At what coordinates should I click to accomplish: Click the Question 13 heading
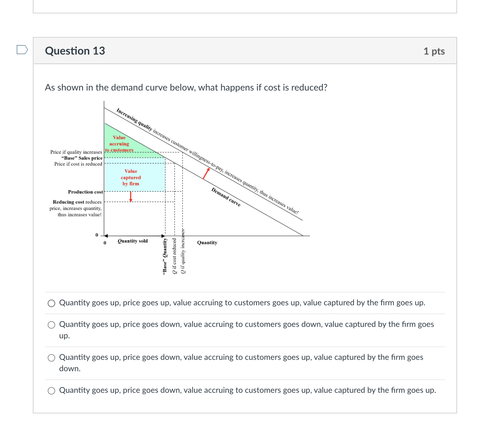[x=75, y=51]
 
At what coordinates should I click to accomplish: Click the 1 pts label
[x=434, y=51]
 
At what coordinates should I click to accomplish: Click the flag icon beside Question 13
[x=22, y=50]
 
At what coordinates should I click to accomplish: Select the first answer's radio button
[x=52, y=303]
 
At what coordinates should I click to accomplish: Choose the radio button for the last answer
[x=52, y=391]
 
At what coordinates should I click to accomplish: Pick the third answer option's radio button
[x=52, y=358]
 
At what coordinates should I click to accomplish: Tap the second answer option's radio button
[x=52, y=325]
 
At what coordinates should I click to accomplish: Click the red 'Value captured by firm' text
[x=131, y=177]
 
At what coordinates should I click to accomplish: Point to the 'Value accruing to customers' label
[x=119, y=144]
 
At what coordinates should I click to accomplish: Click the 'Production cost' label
[x=85, y=192]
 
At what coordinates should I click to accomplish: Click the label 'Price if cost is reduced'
[x=78, y=164]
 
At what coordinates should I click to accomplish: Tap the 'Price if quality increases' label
[x=76, y=152]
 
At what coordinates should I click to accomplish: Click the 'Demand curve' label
[x=226, y=197]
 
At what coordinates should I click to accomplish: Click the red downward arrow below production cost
[x=131, y=197]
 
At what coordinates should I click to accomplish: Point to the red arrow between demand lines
[x=206, y=173]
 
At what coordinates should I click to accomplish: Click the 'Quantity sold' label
[x=133, y=241]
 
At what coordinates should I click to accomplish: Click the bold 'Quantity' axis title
[x=207, y=242]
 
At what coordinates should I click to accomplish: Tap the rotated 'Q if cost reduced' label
[x=174, y=256]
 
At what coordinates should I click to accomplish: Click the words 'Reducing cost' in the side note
[x=68, y=202]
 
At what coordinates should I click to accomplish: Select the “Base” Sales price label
[x=81, y=158]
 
